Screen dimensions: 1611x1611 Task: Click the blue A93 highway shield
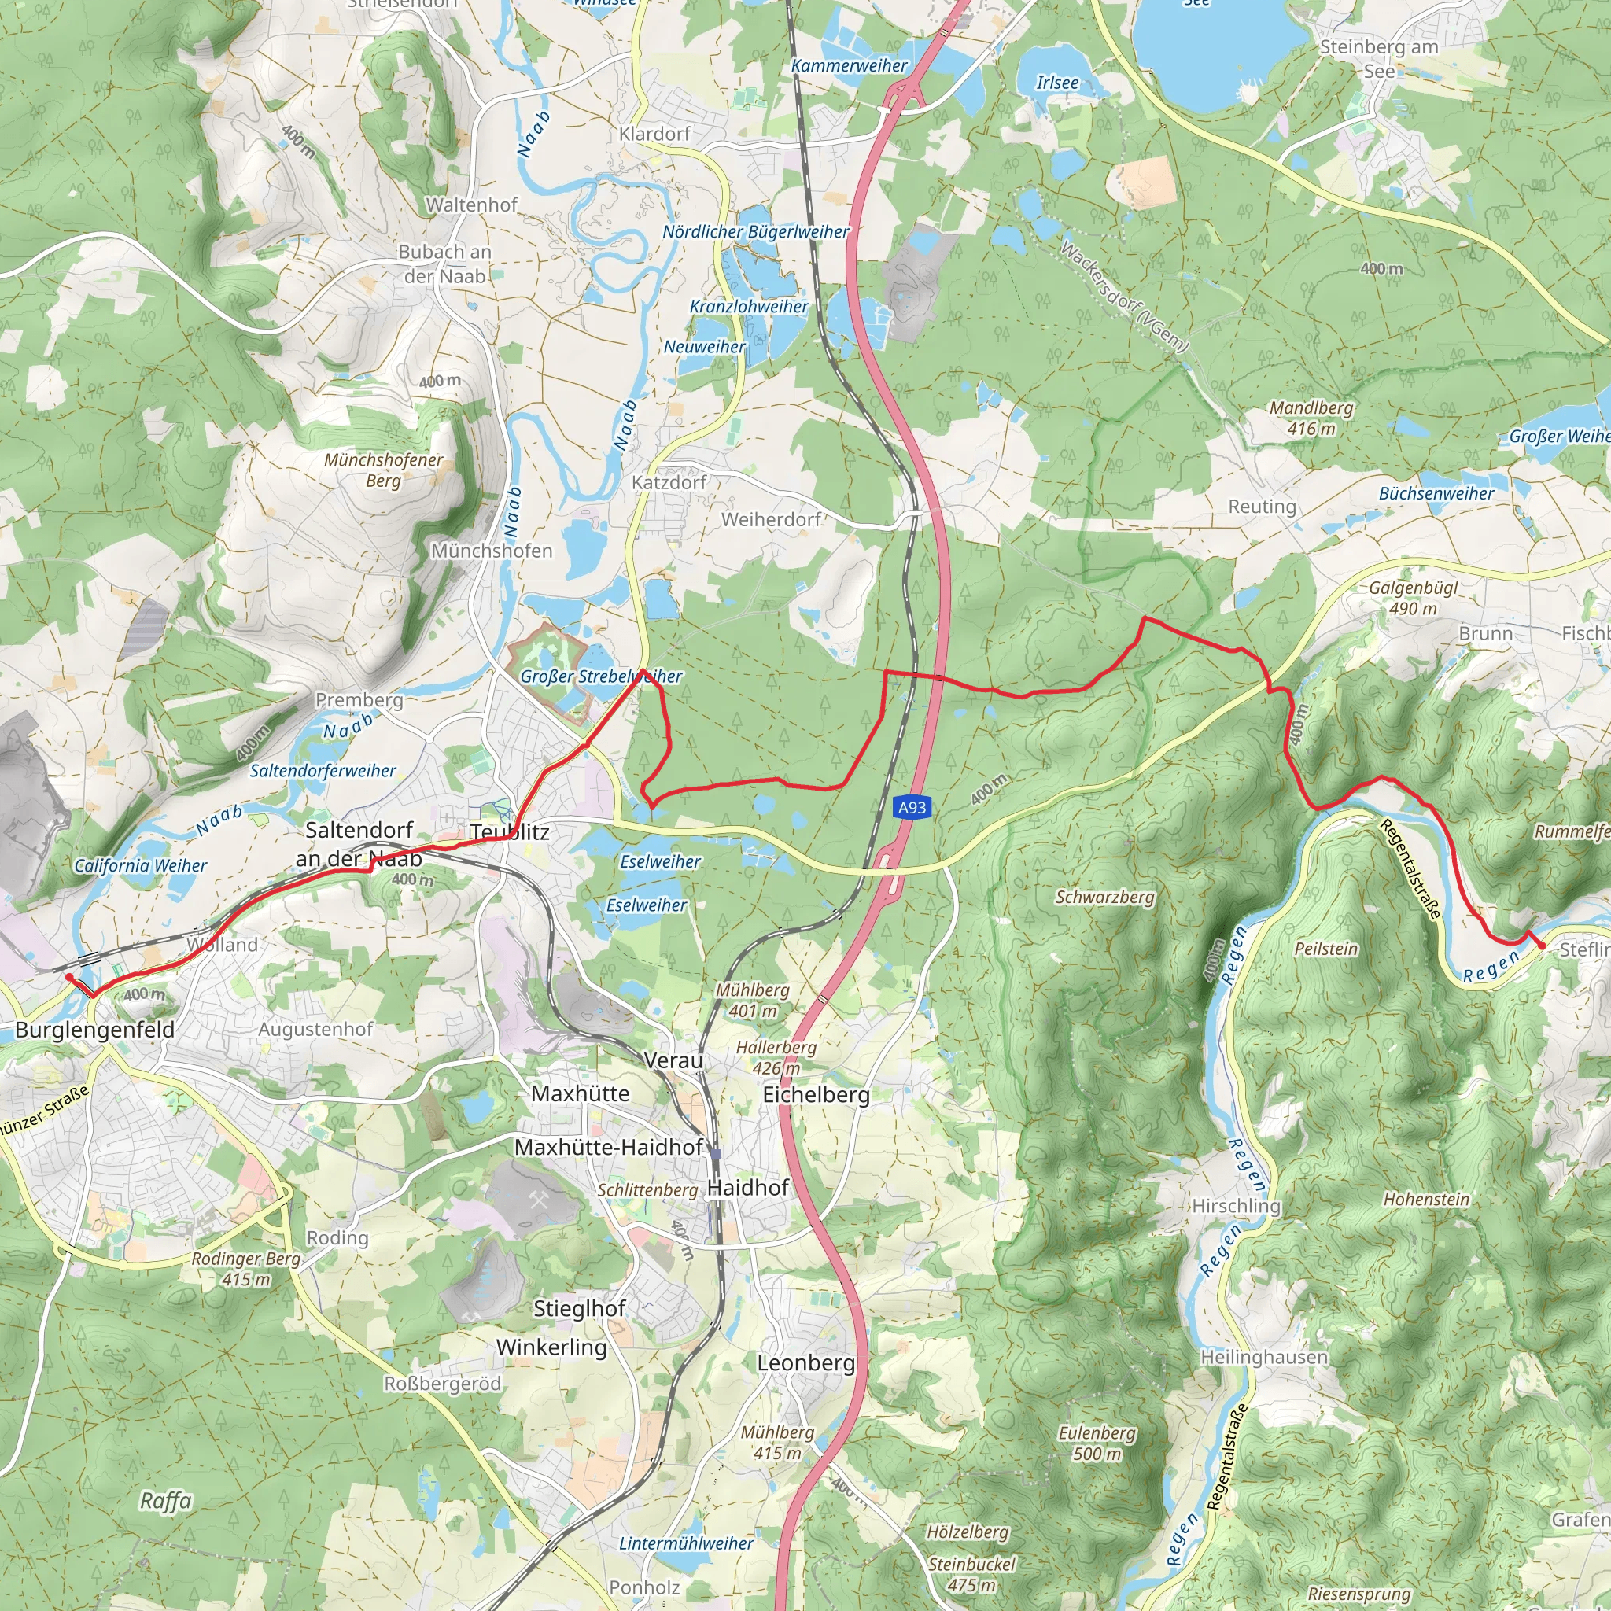click(x=912, y=807)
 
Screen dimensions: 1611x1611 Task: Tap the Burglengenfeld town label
click(x=95, y=1030)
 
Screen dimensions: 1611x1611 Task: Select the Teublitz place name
click(x=510, y=832)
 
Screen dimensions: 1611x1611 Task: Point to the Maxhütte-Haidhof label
click(x=609, y=1148)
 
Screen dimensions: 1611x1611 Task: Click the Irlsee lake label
click(x=1057, y=83)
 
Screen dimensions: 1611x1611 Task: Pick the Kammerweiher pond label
click(x=849, y=66)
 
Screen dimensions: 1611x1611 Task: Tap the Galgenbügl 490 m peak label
click(x=1414, y=598)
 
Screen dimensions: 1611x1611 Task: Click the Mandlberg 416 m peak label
click(x=1311, y=418)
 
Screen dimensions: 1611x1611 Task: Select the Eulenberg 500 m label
click(x=1097, y=1443)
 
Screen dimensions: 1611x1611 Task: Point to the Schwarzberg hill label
click(x=1105, y=898)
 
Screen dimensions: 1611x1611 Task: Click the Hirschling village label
click(x=1236, y=1206)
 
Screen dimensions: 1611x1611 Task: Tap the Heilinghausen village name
click(x=1263, y=1357)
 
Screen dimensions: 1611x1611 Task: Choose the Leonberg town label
click(x=805, y=1362)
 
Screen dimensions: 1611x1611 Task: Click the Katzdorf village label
click(x=669, y=482)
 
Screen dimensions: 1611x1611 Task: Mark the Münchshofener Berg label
click(x=384, y=470)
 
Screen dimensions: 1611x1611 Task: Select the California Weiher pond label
click(x=140, y=865)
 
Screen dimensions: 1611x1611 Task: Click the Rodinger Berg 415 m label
click(x=246, y=1268)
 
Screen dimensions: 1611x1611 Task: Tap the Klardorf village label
click(x=654, y=134)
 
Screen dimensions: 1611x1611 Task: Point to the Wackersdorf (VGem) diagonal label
click(x=1123, y=296)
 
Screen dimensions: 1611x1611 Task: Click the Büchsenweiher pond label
click(x=1436, y=494)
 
